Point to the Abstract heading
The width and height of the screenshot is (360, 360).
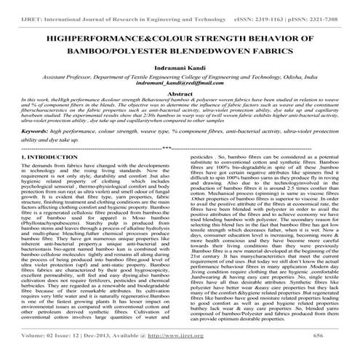(180, 95)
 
